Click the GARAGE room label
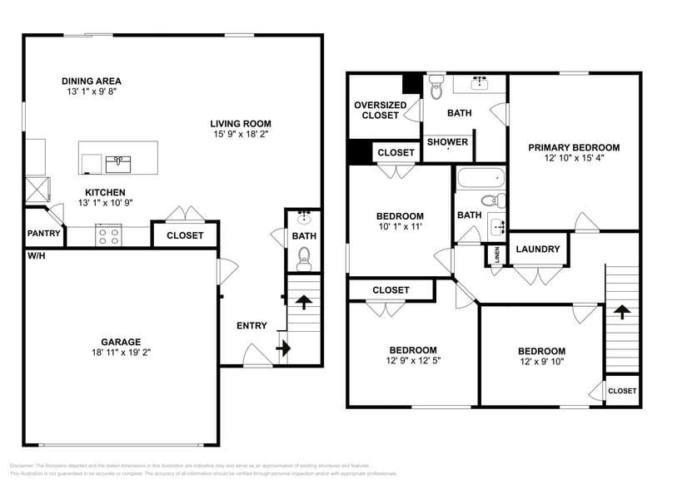pos(122,341)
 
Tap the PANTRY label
pos(44,234)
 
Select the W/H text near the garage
pos(36,255)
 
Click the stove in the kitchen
pos(109,235)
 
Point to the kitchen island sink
pos(117,161)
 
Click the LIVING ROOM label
pos(240,123)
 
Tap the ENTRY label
pos(251,325)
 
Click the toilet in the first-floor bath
pos(305,255)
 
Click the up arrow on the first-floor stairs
pos(304,302)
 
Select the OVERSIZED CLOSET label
pos(381,110)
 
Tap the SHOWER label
pos(447,142)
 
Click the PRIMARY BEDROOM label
pos(574,147)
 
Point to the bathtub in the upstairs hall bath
pos(480,177)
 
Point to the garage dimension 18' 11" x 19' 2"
pos(122,352)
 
